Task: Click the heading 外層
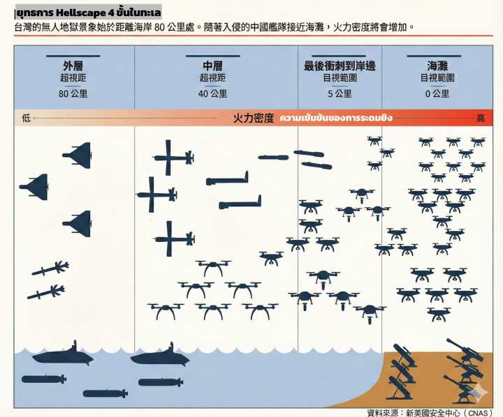pyautogui.click(x=73, y=66)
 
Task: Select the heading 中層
pyautogui.click(x=212, y=66)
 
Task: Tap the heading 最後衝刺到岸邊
pyautogui.click(x=340, y=66)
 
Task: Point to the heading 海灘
pyautogui.click(x=437, y=66)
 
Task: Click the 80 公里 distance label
pyautogui.click(x=73, y=94)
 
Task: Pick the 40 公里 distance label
pyautogui.click(x=212, y=94)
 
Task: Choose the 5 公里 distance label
pyautogui.click(x=340, y=94)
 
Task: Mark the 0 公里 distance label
pyautogui.click(x=437, y=94)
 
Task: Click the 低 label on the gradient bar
pyautogui.click(x=27, y=118)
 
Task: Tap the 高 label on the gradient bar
pyautogui.click(x=481, y=118)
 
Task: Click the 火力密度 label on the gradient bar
pyautogui.click(x=254, y=118)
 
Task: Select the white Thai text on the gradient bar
pyautogui.click(x=336, y=118)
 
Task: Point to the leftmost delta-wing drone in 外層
pyautogui.click(x=34, y=187)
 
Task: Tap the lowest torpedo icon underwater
pyautogui.click(x=105, y=393)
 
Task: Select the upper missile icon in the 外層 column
pyautogui.click(x=50, y=268)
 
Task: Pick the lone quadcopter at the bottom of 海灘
pyautogui.click(x=439, y=314)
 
